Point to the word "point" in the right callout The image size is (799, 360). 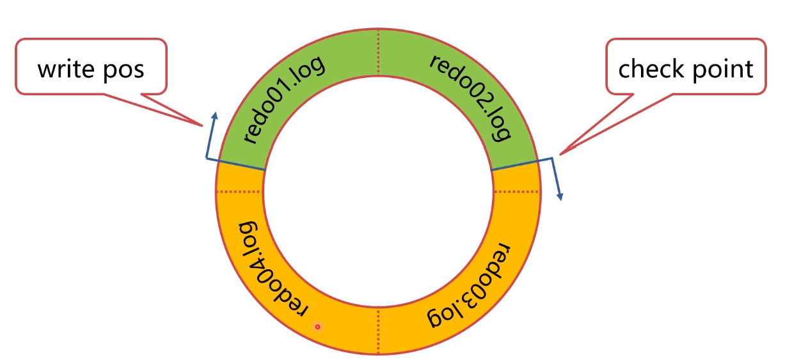[724, 68]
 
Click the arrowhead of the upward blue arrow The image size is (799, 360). [214, 116]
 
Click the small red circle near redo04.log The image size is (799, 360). [317, 327]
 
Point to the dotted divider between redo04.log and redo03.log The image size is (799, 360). [379, 331]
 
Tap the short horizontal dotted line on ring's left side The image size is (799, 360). [241, 191]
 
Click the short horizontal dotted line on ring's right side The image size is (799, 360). [516, 191]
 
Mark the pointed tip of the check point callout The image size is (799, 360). [560, 153]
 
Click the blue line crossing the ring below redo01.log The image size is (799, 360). [242, 164]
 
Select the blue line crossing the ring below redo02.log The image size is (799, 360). [514, 164]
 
